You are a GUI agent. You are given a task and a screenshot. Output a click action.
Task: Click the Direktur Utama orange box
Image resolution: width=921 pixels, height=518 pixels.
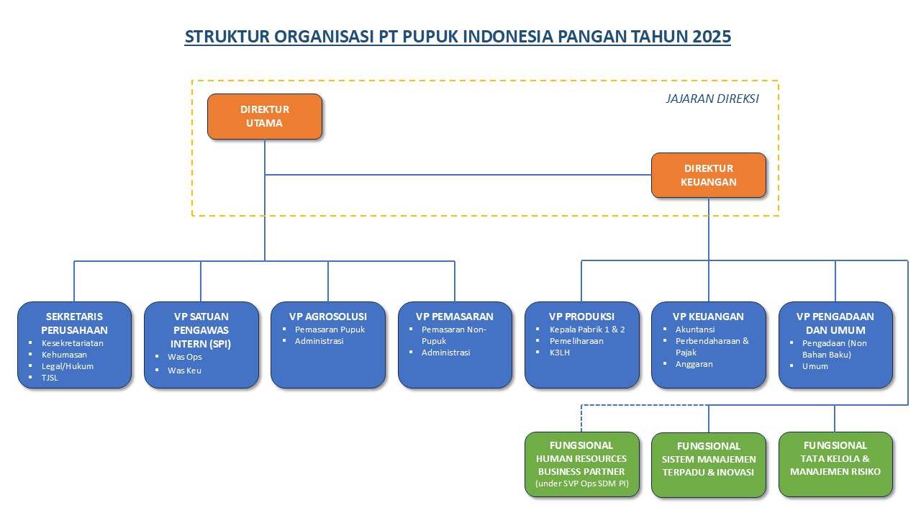pyautogui.click(x=265, y=116)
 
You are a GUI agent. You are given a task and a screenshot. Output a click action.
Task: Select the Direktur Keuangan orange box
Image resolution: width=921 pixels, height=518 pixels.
pyautogui.click(x=709, y=175)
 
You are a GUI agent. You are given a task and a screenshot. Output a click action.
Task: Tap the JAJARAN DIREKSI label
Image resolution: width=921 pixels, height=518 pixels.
pyautogui.click(x=712, y=99)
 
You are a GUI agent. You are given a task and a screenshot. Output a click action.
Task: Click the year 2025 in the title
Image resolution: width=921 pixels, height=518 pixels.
pyautogui.click(x=712, y=37)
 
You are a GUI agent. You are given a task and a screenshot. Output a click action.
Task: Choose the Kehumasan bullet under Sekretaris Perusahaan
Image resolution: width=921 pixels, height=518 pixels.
pyautogui.click(x=64, y=355)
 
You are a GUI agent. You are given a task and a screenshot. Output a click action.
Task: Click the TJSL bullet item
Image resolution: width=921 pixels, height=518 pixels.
pyautogui.click(x=50, y=378)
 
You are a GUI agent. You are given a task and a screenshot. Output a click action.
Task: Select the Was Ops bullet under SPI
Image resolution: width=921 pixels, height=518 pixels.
pyautogui.click(x=184, y=357)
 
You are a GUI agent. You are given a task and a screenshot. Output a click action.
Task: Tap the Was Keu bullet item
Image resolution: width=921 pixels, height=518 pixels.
pyautogui.click(x=184, y=370)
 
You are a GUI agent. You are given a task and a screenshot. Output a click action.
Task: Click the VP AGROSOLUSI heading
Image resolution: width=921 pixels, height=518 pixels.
pyautogui.click(x=328, y=317)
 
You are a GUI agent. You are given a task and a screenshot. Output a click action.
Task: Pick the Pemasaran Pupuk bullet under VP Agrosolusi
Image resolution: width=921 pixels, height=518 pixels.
pyautogui.click(x=330, y=330)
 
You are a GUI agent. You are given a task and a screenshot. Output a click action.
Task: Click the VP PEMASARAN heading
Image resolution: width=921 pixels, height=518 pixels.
pyautogui.click(x=455, y=317)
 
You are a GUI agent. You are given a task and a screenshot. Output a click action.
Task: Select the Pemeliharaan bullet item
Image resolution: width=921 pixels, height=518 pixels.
pyautogui.click(x=576, y=341)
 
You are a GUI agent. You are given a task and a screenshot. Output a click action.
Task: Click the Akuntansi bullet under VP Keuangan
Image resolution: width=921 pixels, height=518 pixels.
pyautogui.click(x=694, y=330)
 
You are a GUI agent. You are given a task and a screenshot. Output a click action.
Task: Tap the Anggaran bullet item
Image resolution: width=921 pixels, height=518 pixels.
pyautogui.click(x=694, y=364)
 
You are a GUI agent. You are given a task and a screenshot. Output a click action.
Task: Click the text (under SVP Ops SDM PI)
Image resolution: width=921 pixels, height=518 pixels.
pyautogui.click(x=582, y=484)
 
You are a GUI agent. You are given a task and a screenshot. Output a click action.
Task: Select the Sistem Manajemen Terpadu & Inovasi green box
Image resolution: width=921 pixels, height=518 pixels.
pyautogui.click(x=709, y=465)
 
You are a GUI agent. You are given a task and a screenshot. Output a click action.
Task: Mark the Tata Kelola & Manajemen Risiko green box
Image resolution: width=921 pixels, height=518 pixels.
pyautogui.click(x=835, y=465)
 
